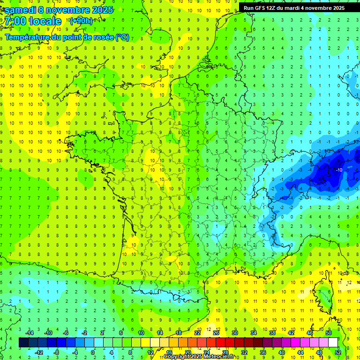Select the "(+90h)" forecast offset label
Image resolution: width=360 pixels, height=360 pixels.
(81, 21)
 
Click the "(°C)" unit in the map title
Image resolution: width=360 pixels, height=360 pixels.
(122, 37)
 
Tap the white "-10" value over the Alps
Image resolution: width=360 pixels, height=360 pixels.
(338, 170)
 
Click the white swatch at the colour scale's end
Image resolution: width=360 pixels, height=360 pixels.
(333, 343)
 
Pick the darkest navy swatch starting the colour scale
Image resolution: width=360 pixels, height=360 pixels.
(23, 343)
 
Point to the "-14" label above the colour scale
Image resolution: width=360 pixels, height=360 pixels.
(30, 333)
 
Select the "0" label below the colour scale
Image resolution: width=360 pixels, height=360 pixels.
(93, 352)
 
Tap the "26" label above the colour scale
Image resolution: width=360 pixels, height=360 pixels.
(216, 333)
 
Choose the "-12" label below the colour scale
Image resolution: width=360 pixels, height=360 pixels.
(39, 352)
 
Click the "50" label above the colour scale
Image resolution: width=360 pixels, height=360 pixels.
(329, 333)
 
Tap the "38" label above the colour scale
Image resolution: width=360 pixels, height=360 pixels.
(272, 333)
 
